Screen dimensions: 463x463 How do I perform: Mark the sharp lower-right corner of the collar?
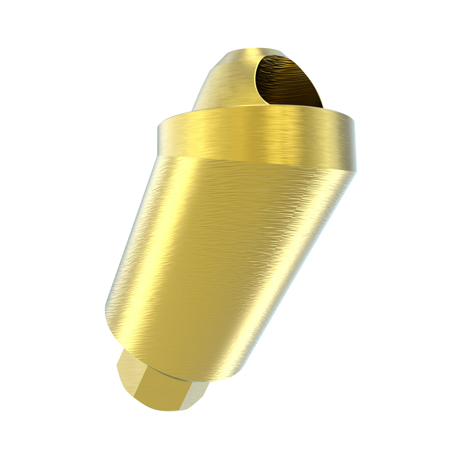pyautogui.click(x=356, y=172)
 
